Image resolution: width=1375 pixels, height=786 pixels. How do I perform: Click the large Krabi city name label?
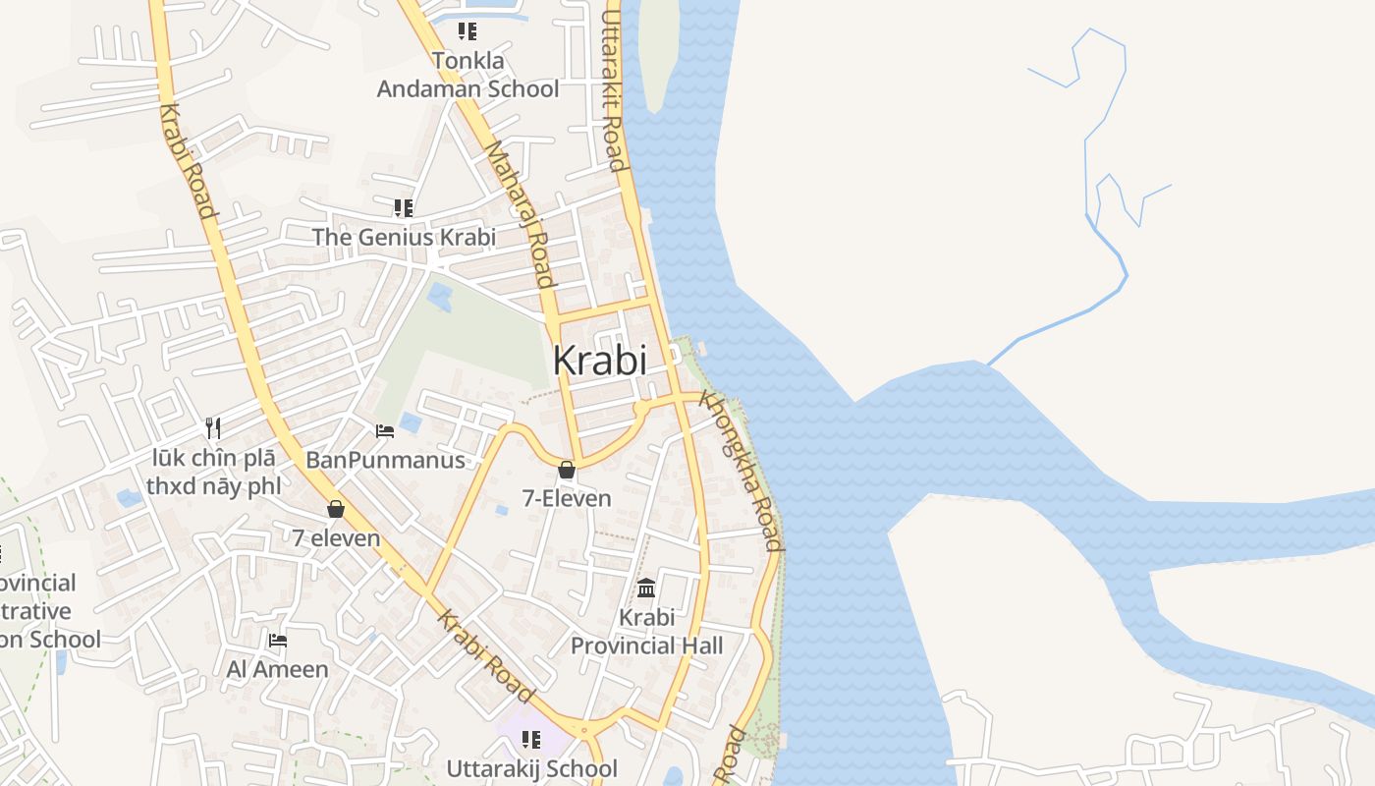click(599, 361)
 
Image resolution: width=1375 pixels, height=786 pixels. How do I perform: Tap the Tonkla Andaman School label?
click(468, 75)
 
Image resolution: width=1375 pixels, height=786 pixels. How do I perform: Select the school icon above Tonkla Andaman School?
click(467, 31)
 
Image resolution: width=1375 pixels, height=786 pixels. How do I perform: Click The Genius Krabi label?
click(404, 237)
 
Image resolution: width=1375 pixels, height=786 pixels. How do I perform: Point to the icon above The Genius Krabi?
click(403, 207)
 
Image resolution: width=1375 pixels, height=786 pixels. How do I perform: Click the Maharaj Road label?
click(521, 213)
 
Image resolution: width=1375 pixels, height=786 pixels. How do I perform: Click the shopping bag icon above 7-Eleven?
click(567, 471)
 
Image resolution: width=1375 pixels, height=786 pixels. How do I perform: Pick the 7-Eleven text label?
click(567, 498)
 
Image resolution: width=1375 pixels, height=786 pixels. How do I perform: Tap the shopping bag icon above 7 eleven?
click(336, 509)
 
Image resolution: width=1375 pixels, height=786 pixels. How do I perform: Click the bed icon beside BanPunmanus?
click(385, 430)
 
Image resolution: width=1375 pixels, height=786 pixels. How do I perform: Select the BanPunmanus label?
click(385, 459)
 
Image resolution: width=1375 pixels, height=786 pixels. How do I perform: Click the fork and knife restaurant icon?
click(213, 427)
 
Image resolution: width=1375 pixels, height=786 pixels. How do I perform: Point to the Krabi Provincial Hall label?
click(647, 632)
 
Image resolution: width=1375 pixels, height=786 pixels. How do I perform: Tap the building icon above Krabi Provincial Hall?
click(646, 589)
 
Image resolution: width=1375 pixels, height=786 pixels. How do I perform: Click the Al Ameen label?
click(278, 669)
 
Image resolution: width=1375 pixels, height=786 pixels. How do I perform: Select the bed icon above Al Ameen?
click(278, 641)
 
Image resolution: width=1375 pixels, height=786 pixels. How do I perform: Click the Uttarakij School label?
click(531, 768)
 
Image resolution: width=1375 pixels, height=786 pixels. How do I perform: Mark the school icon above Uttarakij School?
click(531, 739)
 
